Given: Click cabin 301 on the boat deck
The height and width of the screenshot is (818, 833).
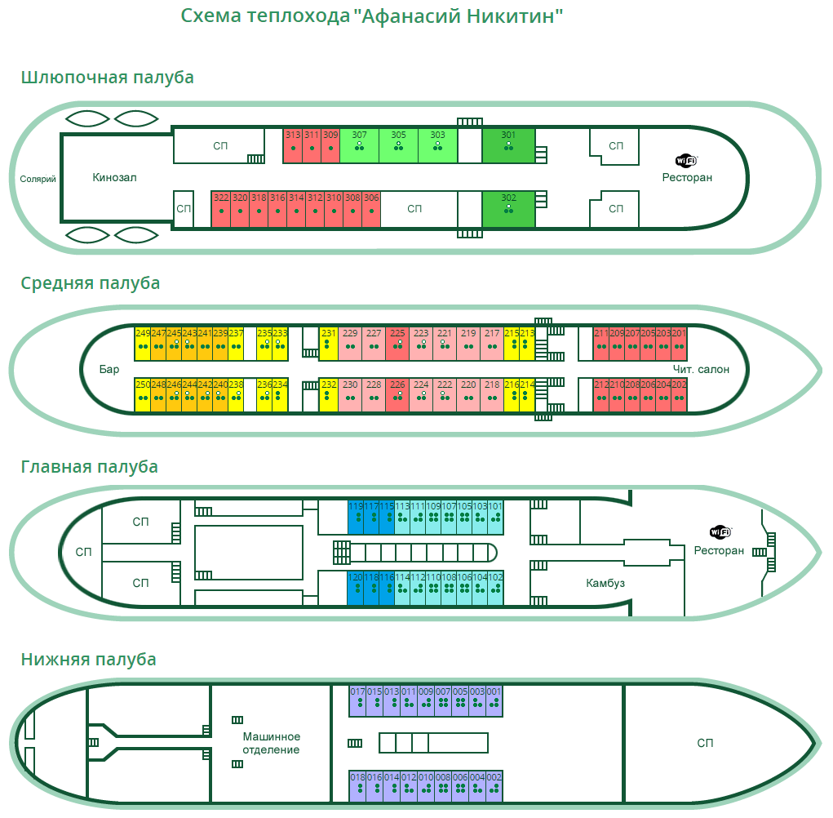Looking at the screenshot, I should point(508,144).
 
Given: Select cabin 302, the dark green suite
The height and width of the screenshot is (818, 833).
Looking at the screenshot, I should point(508,208).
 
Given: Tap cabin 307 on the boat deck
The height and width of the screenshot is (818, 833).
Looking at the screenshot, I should point(359,144).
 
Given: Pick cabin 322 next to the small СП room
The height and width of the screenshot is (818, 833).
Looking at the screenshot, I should point(220,208).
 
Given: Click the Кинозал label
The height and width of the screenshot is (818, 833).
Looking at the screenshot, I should point(114,176).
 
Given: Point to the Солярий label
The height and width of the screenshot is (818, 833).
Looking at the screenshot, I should point(38,179).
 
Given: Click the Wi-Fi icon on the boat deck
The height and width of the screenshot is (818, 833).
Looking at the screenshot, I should point(687,160).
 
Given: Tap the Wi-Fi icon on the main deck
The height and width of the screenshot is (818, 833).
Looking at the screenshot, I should point(720,532).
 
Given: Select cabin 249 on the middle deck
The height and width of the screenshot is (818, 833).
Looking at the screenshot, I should point(143,344).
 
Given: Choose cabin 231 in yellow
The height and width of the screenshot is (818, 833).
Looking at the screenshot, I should point(328,344).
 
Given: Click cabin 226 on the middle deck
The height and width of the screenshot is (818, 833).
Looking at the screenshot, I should point(397,395).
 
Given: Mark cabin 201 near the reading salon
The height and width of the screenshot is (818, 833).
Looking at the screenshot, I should point(679,344).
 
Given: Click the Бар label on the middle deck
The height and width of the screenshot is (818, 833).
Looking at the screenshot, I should point(109,369).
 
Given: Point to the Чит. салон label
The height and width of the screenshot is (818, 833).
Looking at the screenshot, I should point(701,369).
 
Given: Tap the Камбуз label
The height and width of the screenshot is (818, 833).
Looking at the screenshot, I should point(605,583).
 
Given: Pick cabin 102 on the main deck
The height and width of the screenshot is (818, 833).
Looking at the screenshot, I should point(495,587).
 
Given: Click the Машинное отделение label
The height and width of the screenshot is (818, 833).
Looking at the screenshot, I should point(272,743).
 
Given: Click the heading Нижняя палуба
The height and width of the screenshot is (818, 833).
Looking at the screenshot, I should point(89,659).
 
